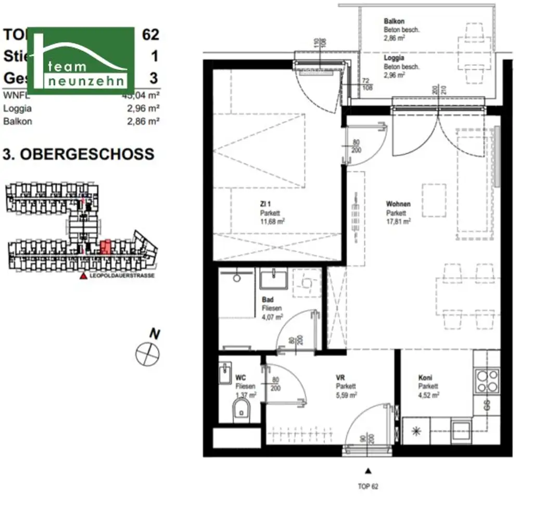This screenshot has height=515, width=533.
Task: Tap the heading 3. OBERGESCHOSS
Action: point(79,154)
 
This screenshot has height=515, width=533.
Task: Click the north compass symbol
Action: point(147,354)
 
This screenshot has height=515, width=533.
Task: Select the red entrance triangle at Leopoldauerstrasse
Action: point(83,276)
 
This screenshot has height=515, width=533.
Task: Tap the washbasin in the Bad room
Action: point(273,280)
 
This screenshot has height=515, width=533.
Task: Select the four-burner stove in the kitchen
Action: point(486,381)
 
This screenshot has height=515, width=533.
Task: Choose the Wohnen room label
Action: point(398,204)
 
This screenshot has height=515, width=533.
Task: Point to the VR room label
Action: point(341,378)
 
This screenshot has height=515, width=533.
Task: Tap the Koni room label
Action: point(425,378)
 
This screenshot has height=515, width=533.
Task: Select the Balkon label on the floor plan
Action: point(392,22)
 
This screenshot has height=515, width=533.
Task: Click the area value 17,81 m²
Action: point(399,221)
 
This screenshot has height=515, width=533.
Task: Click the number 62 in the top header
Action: point(150,35)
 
